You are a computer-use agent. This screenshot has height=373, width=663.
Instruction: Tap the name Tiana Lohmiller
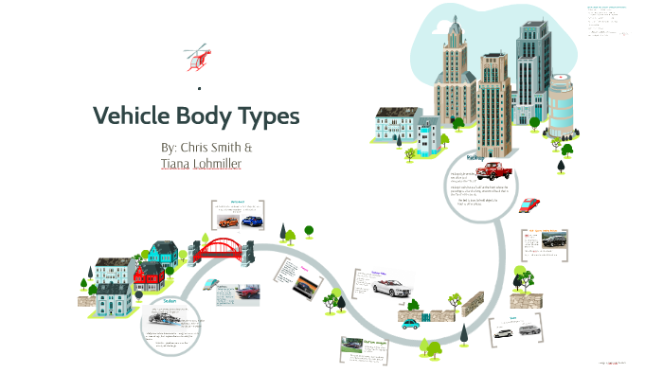[x=202, y=164]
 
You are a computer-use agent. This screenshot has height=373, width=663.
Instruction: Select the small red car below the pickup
[x=530, y=204]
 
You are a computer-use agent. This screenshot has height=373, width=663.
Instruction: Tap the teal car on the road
[x=410, y=324]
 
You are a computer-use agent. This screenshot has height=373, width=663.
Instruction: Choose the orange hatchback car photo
[x=229, y=222]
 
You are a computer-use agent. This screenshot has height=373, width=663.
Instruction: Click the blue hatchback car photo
[x=251, y=222]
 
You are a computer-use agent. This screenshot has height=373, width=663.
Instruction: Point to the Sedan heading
[x=170, y=301]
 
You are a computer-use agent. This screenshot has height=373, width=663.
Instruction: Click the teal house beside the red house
[x=162, y=253]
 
